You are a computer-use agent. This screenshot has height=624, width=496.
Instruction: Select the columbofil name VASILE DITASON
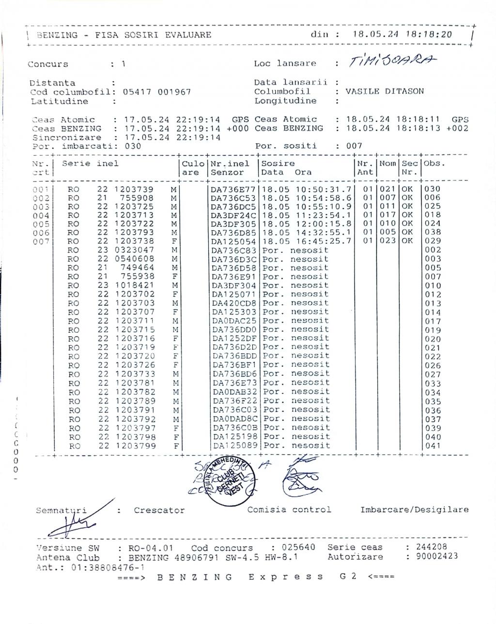point(385,91)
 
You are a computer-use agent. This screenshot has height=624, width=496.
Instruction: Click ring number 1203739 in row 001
point(134,189)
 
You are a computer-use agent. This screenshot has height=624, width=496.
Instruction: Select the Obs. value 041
point(433,446)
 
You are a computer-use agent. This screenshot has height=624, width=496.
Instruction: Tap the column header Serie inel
point(90,163)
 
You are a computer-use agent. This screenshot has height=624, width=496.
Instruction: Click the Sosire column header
point(278,163)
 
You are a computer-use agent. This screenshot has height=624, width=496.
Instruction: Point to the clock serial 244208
point(426,547)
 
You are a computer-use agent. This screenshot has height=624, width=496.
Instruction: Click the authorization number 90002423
point(432,556)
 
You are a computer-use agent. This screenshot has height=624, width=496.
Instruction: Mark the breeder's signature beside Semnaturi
point(73,520)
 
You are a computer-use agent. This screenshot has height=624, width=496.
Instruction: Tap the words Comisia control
point(289,509)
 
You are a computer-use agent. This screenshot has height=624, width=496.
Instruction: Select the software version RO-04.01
point(151,548)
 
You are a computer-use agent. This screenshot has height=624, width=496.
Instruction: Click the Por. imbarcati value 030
point(133,146)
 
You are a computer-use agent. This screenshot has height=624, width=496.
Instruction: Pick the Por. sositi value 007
point(354,146)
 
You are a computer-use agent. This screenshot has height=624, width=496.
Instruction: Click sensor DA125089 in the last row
point(234,446)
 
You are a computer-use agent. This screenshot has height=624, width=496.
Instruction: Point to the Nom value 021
point(387,189)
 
